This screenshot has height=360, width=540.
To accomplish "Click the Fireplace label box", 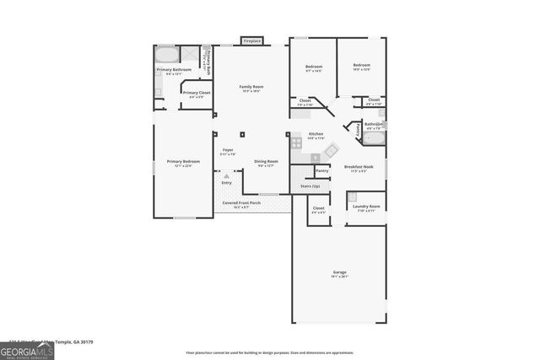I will [x=251, y=40].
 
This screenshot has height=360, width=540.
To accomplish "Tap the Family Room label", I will [x=251, y=87].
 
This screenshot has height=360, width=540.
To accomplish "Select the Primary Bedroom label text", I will [x=183, y=162].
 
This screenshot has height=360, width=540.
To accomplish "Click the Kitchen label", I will [x=316, y=134].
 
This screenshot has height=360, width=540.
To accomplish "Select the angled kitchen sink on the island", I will [x=331, y=152].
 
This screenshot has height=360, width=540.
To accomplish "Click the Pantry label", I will [x=322, y=170].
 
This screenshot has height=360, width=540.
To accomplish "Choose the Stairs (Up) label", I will [x=310, y=185].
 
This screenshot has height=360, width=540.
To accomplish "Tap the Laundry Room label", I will [x=366, y=207].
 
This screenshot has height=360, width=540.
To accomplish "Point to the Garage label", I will [x=339, y=272].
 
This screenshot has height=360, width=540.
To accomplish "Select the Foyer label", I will [x=228, y=151].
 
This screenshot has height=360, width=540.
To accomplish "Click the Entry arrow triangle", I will [x=226, y=175].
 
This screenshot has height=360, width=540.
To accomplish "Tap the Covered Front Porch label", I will [x=241, y=203].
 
